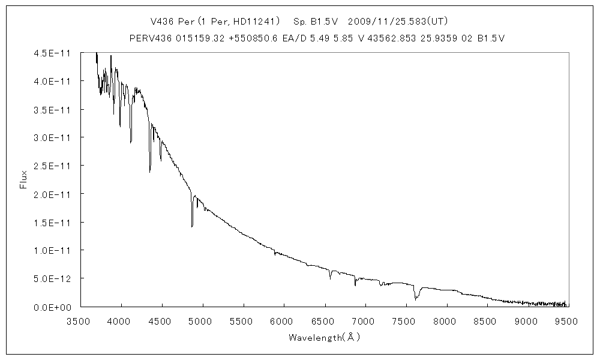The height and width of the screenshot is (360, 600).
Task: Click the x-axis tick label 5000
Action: [x=202, y=321]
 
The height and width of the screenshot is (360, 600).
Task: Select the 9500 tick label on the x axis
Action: [x=567, y=321]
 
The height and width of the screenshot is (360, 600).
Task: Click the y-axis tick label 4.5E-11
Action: [x=53, y=53]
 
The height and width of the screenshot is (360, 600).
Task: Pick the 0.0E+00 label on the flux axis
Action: [x=53, y=307]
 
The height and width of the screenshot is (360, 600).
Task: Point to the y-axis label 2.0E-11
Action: [x=53, y=194]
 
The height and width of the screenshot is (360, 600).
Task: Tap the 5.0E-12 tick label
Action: [x=53, y=278]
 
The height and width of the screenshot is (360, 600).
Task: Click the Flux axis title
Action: [x=24, y=179]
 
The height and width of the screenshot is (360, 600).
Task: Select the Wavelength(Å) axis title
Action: [x=324, y=337]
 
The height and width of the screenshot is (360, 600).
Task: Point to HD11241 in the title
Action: [x=254, y=22]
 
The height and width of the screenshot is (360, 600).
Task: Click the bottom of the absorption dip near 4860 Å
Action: [x=192, y=226]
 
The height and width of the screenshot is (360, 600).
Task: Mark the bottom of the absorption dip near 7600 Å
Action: [x=415, y=299]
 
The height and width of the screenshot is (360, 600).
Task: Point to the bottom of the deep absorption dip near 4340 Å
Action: [x=150, y=172]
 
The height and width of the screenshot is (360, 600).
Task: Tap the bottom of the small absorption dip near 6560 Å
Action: [x=330, y=279]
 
